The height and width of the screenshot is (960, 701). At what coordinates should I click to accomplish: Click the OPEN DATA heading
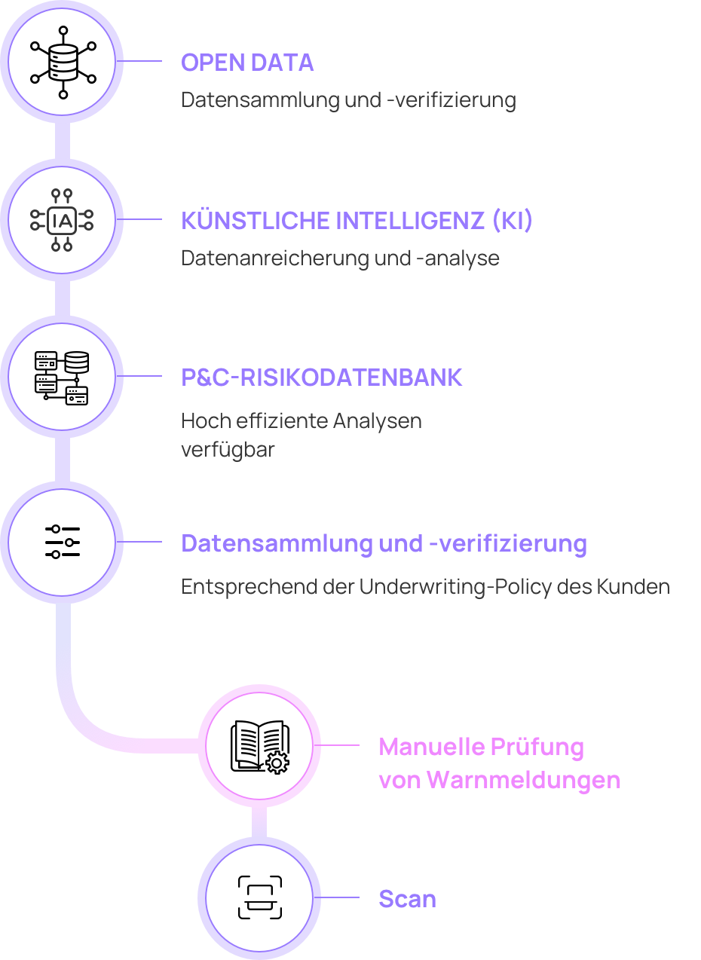click(247, 63)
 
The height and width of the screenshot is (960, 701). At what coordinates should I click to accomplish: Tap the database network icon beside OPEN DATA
click(63, 63)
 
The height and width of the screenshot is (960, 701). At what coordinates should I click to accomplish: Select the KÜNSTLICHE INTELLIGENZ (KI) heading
click(357, 221)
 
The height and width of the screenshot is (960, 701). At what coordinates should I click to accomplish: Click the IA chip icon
click(62, 220)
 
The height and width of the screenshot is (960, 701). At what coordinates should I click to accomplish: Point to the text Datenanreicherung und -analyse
click(340, 258)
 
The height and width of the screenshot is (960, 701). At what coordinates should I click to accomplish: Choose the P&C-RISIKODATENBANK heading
click(322, 378)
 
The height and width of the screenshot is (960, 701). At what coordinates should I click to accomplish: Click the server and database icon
click(62, 378)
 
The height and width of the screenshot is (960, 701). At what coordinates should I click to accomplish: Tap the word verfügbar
click(228, 450)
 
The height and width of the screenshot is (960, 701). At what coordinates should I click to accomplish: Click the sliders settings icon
click(62, 542)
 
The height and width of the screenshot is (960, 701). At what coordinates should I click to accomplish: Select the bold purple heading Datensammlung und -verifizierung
click(384, 543)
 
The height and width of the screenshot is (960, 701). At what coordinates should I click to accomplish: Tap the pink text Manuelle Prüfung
click(481, 747)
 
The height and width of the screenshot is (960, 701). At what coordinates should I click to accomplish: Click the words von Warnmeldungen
click(499, 780)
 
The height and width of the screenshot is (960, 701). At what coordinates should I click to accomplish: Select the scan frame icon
click(260, 897)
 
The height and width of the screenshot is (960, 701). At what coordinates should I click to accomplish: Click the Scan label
click(407, 899)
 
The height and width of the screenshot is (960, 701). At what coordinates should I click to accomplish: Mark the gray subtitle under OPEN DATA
click(348, 100)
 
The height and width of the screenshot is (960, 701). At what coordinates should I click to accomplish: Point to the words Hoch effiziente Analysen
click(301, 420)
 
